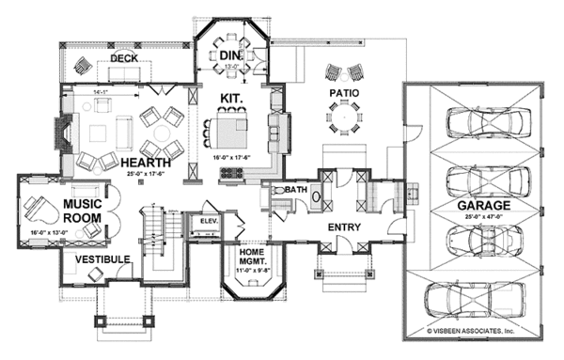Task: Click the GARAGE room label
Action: (x=485, y=204)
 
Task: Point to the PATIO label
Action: (x=345, y=94)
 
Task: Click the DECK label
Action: (x=124, y=58)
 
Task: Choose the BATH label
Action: (x=297, y=190)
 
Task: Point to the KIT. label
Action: (x=231, y=98)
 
